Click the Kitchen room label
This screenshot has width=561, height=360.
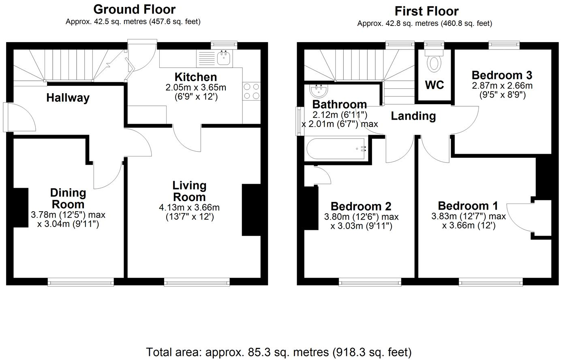click(195, 77)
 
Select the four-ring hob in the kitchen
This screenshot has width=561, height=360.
click(251, 91)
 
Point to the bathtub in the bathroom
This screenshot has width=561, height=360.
click(336, 149)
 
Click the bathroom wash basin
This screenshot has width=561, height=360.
click(318, 90)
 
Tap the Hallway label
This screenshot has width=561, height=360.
click(68, 98)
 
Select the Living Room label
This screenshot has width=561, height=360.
click(189, 191)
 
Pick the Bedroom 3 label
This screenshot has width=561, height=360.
click(502, 75)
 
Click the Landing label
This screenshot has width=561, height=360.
click(413, 116)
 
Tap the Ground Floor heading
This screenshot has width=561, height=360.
click(134, 9)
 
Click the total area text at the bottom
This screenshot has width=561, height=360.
click(279, 352)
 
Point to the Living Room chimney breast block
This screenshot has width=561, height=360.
click(251, 210)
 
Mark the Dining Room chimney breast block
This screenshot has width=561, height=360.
click(21, 208)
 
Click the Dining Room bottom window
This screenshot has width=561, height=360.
click(80, 282)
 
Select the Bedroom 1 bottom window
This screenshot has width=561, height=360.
click(490, 282)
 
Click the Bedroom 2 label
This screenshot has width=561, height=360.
click(361, 206)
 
